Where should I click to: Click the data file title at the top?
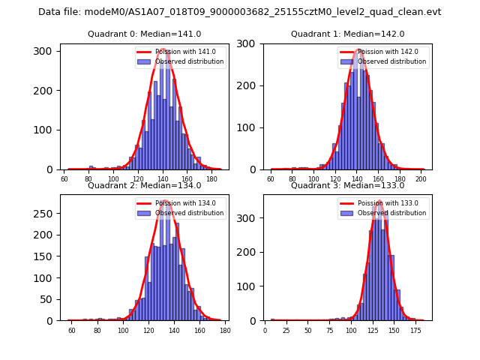coord(239,12)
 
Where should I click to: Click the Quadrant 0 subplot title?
coord(144,34)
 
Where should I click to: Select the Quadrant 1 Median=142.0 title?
coord(347,34)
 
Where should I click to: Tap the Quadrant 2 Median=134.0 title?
coord(144,185)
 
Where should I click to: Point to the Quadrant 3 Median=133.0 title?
coord(347,185)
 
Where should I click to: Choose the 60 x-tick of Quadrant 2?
coord(72,330)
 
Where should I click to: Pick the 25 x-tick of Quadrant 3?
coord(286,330)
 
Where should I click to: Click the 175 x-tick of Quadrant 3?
coord(415,330)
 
